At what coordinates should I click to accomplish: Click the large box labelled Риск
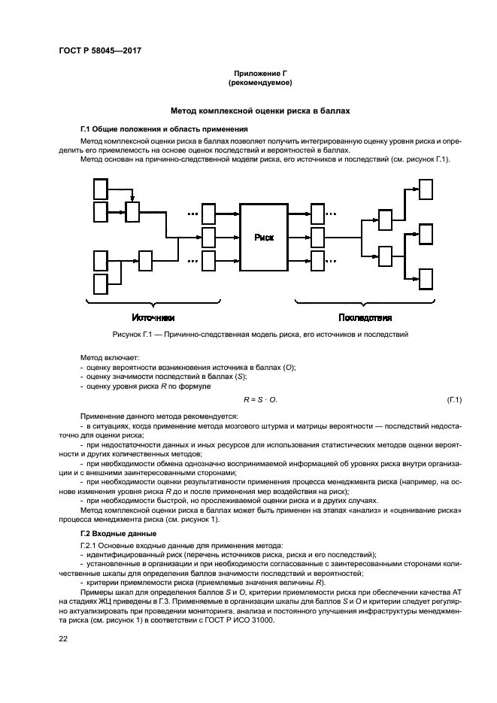263,237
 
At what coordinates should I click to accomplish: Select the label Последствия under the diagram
365,317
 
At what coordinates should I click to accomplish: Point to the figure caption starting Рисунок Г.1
248,334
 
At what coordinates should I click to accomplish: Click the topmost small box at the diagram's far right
426,189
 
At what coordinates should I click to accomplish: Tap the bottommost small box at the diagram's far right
426,278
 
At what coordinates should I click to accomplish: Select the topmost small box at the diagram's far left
101,187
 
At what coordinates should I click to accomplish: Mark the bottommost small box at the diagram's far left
101,283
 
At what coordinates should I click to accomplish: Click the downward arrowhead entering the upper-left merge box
132,201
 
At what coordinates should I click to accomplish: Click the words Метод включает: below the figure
105,357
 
